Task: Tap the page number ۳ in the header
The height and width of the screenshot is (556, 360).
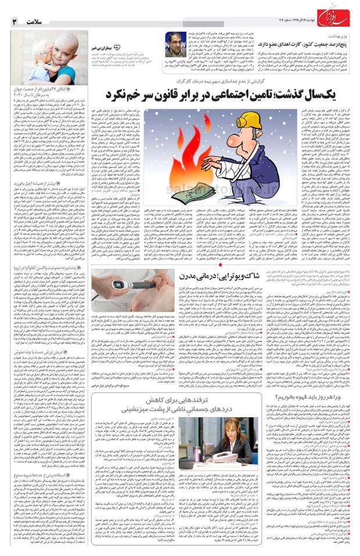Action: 15,21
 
